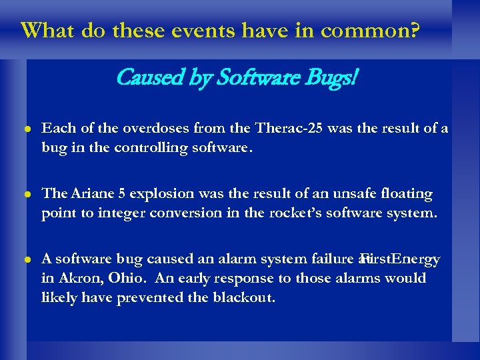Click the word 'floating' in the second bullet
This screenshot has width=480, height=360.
(x=407, y=194)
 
